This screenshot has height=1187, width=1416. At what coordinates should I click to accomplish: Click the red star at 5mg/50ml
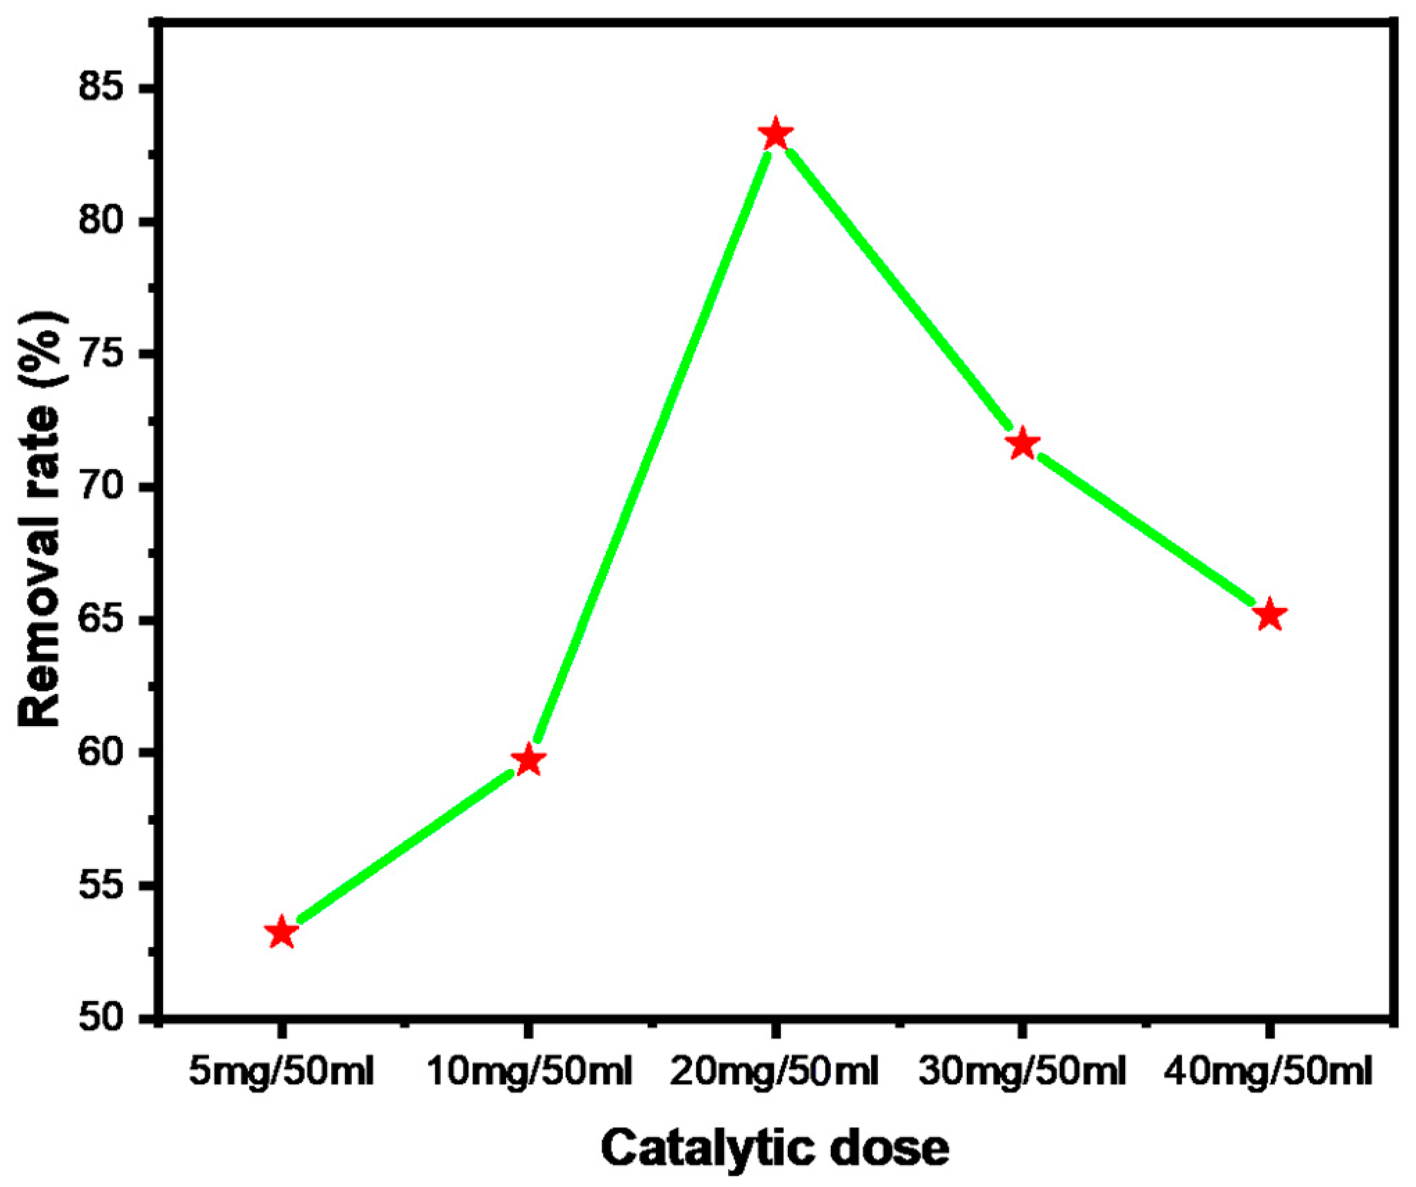pyautogui.click(x=282, y=932)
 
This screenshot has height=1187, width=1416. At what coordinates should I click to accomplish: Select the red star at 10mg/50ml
pyautogui.click(x=529, y=760)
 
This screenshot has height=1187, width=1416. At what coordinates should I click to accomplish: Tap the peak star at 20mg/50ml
pyautogui.click(x=775, y=134)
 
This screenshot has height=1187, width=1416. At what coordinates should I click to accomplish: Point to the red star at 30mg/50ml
pyautogui.click(x=1022, y=444)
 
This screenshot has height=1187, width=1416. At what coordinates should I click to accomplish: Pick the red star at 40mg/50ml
pyautogui.click(x=1270, y=615)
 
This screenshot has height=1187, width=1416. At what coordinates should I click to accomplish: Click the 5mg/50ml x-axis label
pyautogui.click(x=281, y=1071)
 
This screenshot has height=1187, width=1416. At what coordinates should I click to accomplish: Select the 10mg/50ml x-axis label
pyautogui.click(x=529, y=1071)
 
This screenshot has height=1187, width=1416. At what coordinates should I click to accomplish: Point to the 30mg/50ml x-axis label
pyautogui.click(x=1022, y=1071)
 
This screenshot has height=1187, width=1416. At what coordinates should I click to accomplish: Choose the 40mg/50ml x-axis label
pyautogui.click(x=1268, y=1071)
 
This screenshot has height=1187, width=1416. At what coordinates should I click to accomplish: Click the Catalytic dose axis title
pyautogui.click(x=775, y=1149)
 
